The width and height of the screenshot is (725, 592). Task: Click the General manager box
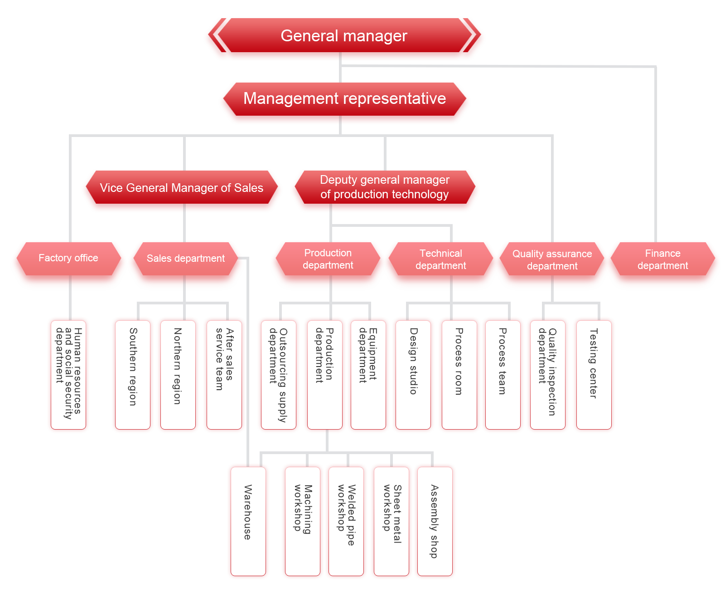[344, 36]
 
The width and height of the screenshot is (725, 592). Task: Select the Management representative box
[344, 99]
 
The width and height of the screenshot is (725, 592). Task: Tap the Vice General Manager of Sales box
[182, 188]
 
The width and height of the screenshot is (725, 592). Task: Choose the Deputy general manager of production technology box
[385, 187]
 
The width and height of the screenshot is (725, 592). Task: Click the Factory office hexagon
[68, 259]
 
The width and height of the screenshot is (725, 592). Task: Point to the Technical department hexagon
[440, 260]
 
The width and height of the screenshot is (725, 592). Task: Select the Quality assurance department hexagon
[552, 260]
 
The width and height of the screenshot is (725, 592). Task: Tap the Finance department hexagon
[662, 260]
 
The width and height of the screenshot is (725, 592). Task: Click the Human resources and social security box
[68, 374]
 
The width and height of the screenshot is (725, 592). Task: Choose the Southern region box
[133, 374]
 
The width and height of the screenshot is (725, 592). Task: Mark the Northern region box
[178, 374]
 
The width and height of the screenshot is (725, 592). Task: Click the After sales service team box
[224, 374]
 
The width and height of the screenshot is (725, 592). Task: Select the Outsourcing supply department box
[278, 374]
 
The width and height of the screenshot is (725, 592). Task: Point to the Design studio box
[413, 374]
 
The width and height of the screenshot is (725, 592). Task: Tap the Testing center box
[594, 374]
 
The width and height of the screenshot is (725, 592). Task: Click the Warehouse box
[248, 521]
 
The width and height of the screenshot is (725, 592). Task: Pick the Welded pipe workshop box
[346, 521]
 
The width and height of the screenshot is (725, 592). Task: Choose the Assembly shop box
[434, 521]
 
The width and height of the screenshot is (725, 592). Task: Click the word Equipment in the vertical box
[373, 354]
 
